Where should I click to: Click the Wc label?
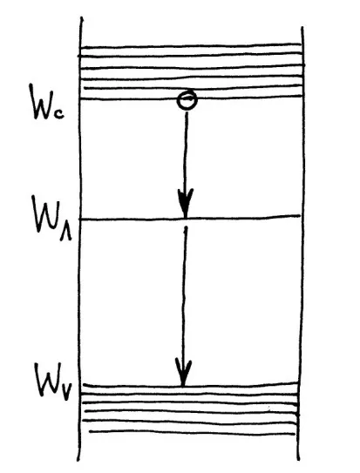(x=46, y=102)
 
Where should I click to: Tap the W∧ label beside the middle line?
(x=51, y=218)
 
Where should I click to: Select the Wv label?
(x=52, y=381)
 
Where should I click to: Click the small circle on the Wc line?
(x=187, y=100)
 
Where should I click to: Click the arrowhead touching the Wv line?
(x=183, y=373)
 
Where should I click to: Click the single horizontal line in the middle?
(x=191, y=218)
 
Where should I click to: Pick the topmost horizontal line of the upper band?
(x=191, y=46)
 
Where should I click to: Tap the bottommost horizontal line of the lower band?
(x=192, y=433)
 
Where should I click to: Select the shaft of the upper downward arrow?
(x=186, y=154)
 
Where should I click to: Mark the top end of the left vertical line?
(x=81, y=17)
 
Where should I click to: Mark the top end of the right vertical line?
(x=302, y=27)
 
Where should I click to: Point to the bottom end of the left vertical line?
(x=78, y=460)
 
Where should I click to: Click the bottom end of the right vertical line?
(x=299, y=459)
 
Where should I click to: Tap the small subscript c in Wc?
(x=59, y=115)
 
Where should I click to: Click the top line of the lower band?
(x=191, y=385)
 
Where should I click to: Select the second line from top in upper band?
(x=191, y=56)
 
